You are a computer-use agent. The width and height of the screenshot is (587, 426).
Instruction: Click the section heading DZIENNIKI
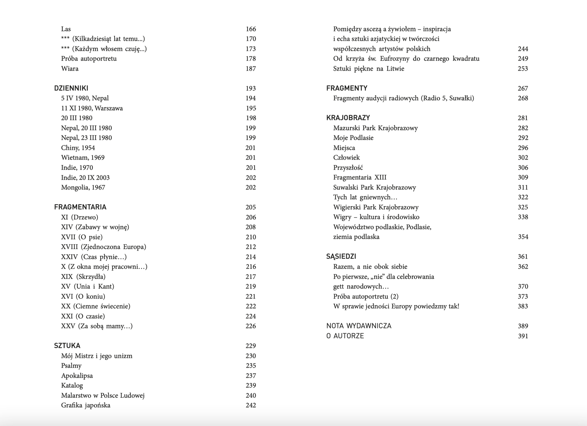pos(71,88)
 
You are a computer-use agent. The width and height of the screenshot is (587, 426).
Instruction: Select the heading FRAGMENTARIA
pos(80,207)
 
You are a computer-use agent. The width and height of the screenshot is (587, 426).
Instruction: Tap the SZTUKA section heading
pos(67,346)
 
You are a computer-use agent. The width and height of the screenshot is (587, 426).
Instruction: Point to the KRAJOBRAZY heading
pos(348,118)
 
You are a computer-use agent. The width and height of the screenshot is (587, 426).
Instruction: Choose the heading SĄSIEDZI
pos(341,256)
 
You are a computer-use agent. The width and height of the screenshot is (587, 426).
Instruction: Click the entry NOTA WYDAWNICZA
pos(359,326)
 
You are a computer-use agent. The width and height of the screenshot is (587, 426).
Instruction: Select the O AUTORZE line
pos(345,336)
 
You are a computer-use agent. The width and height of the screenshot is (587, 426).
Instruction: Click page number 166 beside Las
pos(251,29)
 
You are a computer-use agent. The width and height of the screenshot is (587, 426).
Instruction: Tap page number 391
pos(523,336)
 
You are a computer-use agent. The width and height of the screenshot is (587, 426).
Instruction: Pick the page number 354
pos(523,237)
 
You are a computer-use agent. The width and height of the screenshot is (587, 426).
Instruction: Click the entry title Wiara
pos(70,68)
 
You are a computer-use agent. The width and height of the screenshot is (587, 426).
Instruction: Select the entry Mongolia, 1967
pos(83,187)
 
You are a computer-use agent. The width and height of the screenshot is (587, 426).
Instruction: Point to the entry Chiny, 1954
pos(78,148)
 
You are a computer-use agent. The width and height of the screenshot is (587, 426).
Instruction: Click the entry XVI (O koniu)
pos(83,296)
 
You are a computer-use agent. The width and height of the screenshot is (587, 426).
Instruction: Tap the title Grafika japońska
pos(86,405)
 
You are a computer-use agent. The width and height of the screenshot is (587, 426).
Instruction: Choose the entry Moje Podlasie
pos(353,138)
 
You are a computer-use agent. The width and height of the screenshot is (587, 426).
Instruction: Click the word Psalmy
pos(71,365)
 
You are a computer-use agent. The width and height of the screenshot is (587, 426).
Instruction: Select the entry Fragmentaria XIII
pos(360,177)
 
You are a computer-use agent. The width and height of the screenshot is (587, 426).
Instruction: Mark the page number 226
pos(251,326)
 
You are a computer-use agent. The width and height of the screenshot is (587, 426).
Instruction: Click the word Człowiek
pos(346,158)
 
